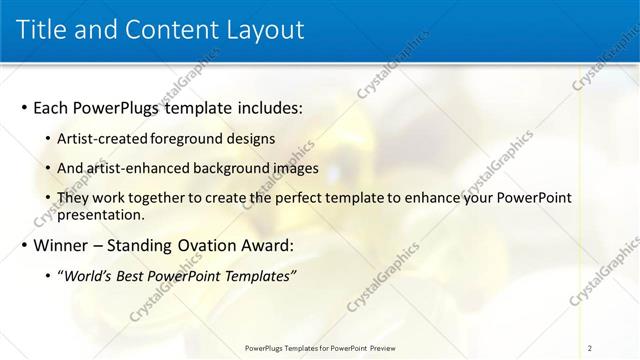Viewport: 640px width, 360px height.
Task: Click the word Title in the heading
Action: coord(42,29)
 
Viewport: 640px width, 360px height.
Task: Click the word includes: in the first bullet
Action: coord(261,107)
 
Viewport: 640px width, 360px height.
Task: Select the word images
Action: coord(295,168)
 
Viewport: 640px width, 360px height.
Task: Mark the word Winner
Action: coord(63,245)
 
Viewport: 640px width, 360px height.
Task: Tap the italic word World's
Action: coord(88,276)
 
